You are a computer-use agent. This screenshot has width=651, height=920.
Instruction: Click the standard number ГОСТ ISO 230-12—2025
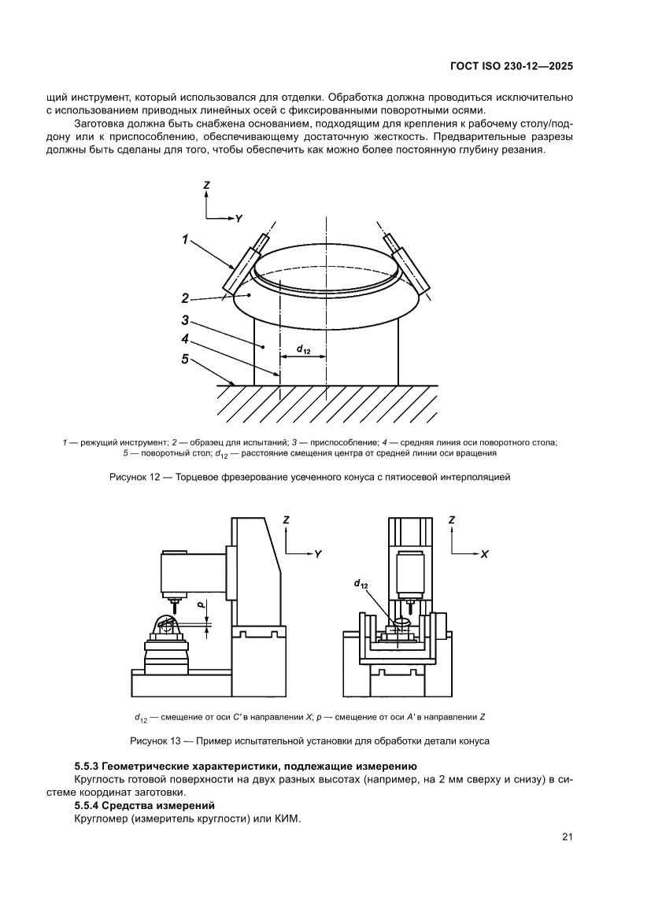click(x=510, y=67)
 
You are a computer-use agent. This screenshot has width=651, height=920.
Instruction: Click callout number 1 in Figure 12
click(x=186, y=241)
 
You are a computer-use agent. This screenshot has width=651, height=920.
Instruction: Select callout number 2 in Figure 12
click(x=184, y=298)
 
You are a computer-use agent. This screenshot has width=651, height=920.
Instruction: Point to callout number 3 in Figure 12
click(x=184, y=320)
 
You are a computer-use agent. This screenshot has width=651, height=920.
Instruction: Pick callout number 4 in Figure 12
click(x=184, y=339)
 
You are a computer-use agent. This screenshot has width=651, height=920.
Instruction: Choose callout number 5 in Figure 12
click(x=184, y=359)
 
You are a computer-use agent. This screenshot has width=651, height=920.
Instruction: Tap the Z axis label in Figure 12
click(x=206, y=185)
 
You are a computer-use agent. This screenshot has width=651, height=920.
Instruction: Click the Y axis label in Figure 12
click(x=238, y=216)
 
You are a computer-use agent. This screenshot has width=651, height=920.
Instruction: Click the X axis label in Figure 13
click(x=484, y=554)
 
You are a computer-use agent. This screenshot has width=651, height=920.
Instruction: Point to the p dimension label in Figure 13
click(x=201, y=606)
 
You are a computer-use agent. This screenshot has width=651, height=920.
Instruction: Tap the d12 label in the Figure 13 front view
click(x=361, y=584)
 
